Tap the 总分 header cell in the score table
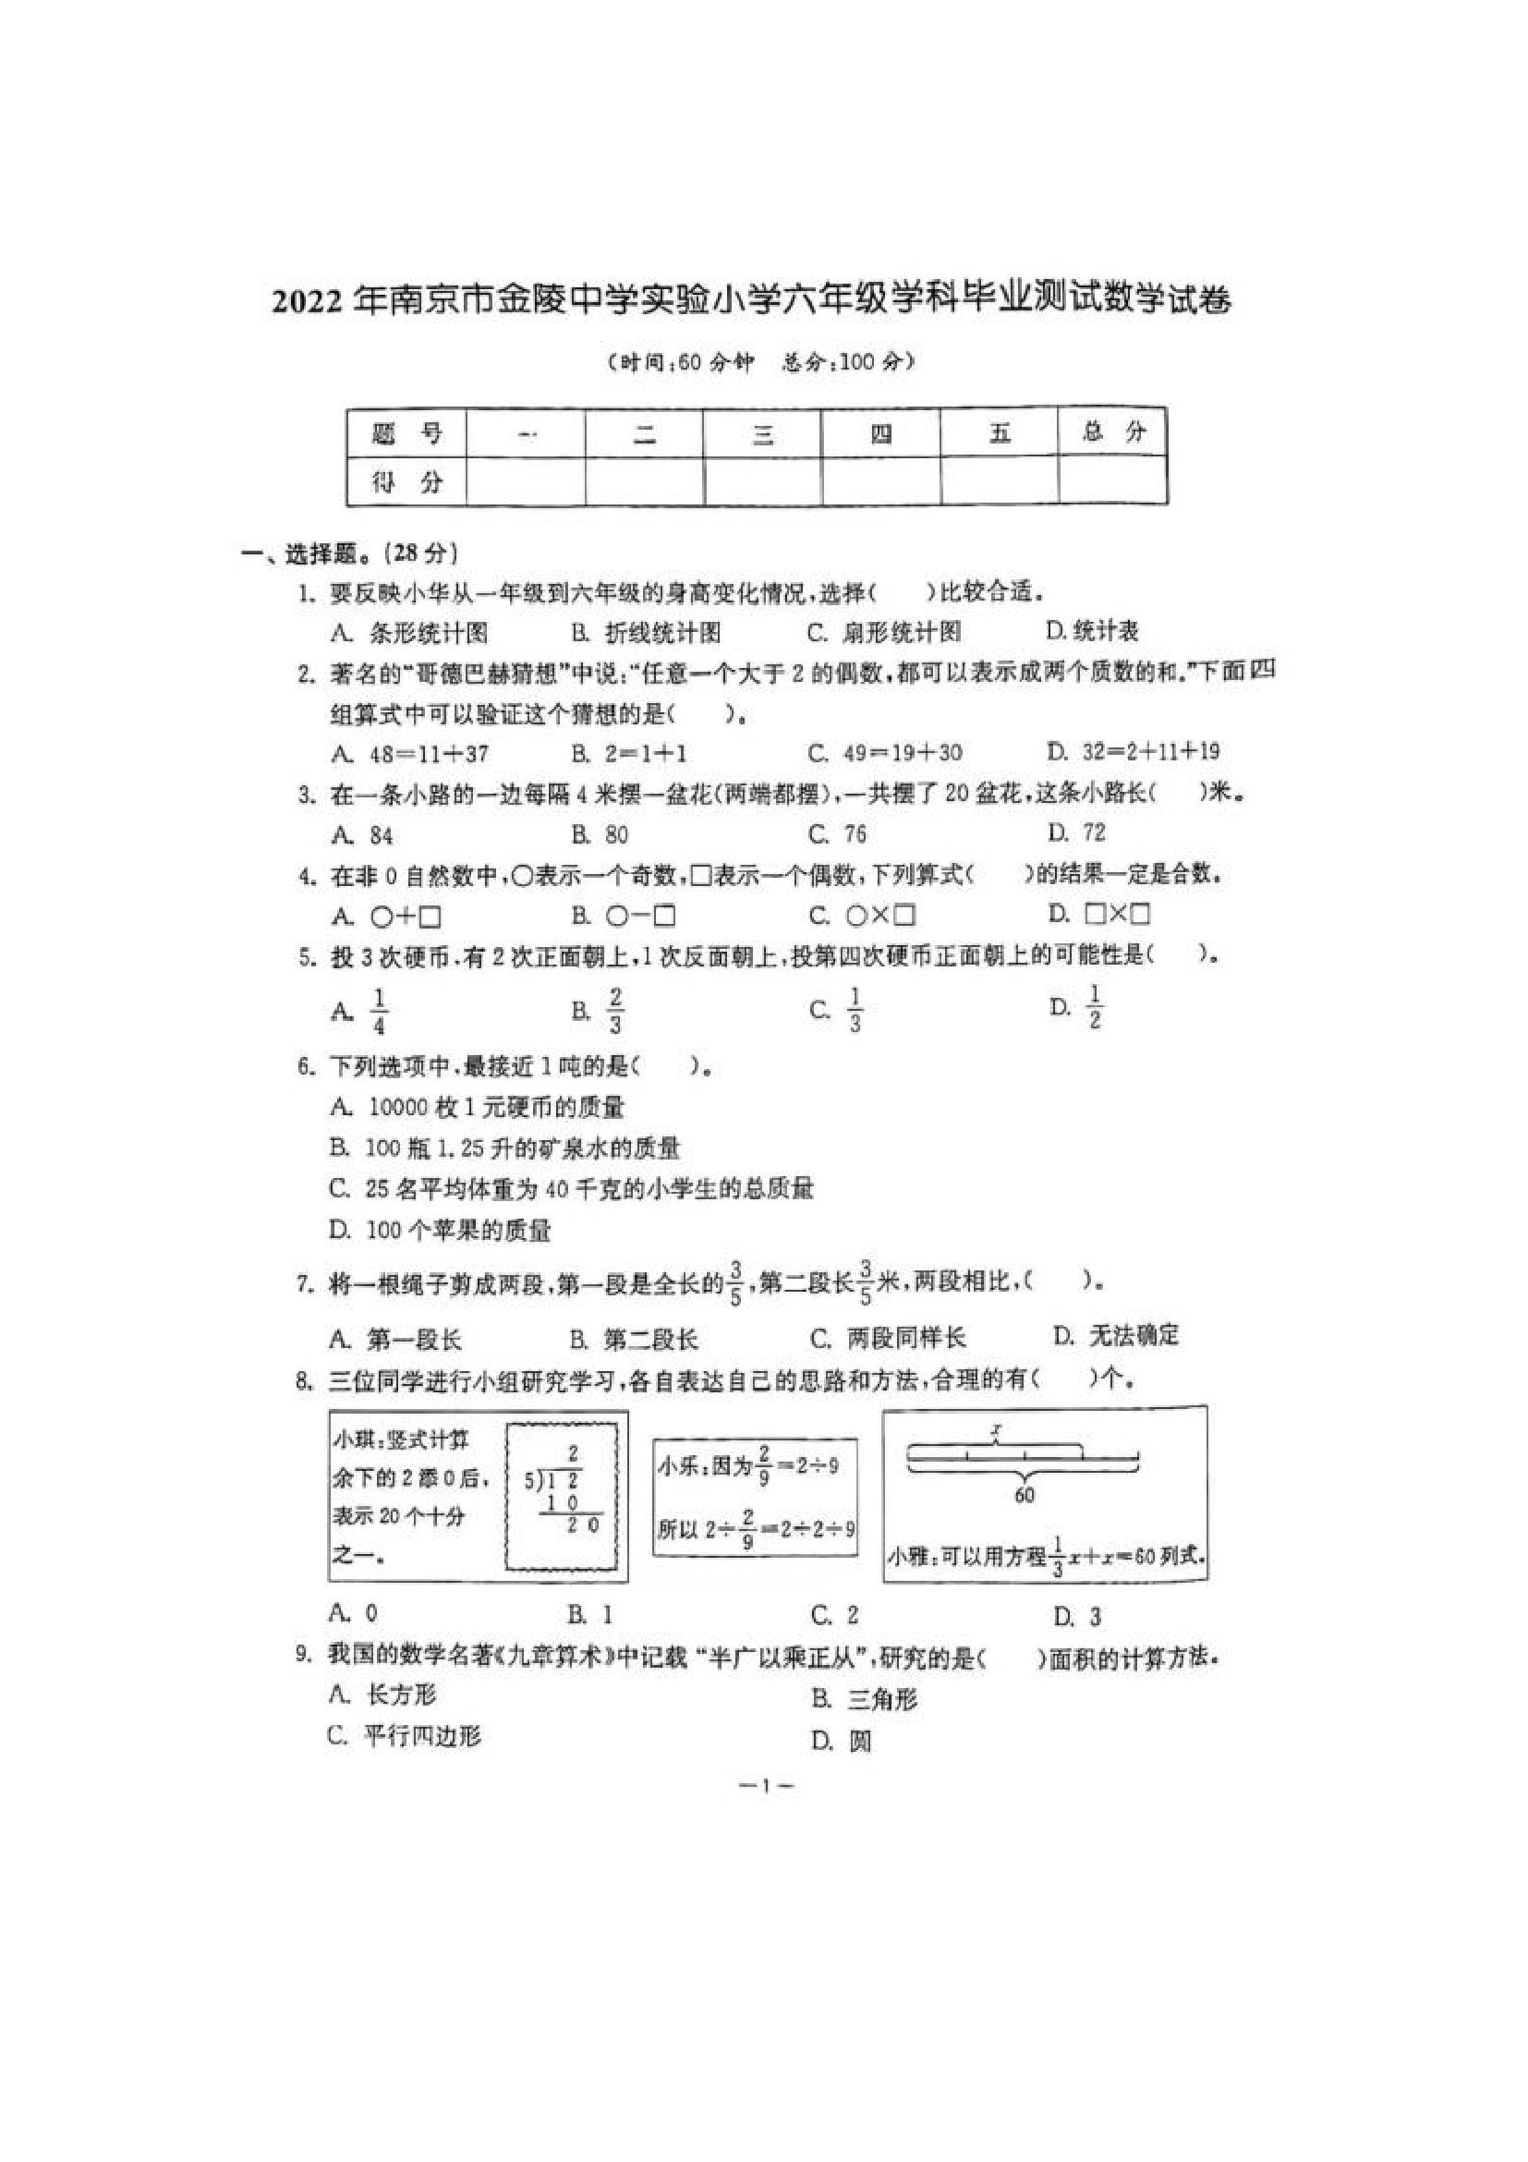coord(1114,432)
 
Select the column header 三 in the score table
coord(762,434)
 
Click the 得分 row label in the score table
coord(406,483)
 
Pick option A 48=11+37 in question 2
coord(410,753)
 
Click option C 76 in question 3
coord(838,833)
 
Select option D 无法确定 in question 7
coord(1117,1335)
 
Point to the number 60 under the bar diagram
coord(1025,1494)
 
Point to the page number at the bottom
coord(765,1785)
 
